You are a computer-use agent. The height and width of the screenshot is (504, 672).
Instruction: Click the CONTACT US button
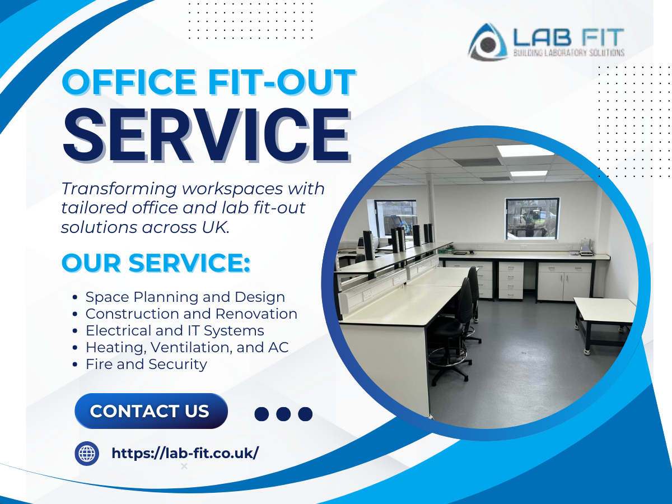(151, 411)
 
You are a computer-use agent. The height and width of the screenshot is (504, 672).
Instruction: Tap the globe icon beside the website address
(87, 454)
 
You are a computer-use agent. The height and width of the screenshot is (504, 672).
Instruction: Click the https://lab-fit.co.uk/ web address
(185, 453)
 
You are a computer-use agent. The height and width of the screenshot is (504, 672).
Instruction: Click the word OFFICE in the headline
(129, 82)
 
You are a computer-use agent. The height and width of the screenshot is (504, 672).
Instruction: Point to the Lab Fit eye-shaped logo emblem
(487, 42)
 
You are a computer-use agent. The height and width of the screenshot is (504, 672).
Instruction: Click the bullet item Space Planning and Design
(185, 297)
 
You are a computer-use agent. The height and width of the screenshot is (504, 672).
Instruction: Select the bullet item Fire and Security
(146, 365)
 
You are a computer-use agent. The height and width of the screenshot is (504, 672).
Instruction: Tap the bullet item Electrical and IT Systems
(175, 331)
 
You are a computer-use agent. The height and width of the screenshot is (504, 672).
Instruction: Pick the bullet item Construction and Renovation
(192, 314)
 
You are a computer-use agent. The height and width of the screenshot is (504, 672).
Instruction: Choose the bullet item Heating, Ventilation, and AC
(187, 348)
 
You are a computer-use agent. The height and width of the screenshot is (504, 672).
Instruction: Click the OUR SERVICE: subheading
(156, 263)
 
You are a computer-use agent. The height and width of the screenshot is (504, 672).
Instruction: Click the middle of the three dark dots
(283, 414)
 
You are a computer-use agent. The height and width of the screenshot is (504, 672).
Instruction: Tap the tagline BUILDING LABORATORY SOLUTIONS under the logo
(569, 53)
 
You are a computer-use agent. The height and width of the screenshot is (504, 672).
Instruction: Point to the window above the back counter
(533, 219)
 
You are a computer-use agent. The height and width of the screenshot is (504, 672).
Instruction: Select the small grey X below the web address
(184, 466)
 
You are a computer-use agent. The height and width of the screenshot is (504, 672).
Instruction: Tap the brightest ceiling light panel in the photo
(525, 151)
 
